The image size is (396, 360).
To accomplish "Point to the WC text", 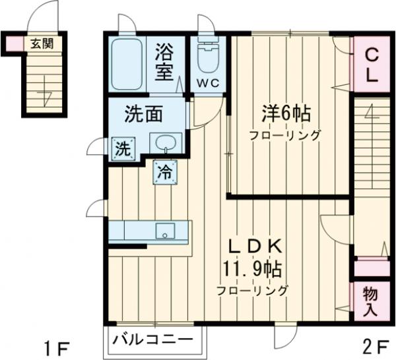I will click(x=209, y=83).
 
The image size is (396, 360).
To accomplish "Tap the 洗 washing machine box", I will click(x=123, y=148).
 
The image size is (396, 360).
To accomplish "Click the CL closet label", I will click(x=372, y=65).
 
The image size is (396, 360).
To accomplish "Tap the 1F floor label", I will click(x=55, y=347).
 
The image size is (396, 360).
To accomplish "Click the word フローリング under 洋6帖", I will click(x=284, y=136).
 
